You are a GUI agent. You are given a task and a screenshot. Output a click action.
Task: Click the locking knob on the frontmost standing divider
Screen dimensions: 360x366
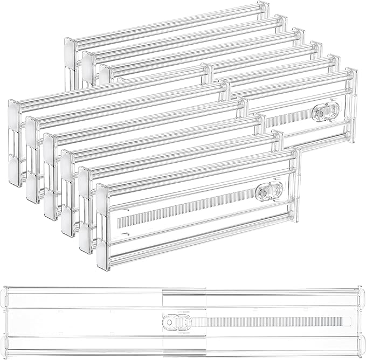pyautogui.click(x=268, y=191)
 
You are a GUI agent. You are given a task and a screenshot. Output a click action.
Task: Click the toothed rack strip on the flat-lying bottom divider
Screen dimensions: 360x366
pyautogui.click(x=270, y=322)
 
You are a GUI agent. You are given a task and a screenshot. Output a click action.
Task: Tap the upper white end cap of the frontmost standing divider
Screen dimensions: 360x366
pyautogui.click(x=103, y=193)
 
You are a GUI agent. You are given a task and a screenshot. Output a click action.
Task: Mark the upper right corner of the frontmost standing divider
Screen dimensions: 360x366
pyautogui.click(x=295, y=153)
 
